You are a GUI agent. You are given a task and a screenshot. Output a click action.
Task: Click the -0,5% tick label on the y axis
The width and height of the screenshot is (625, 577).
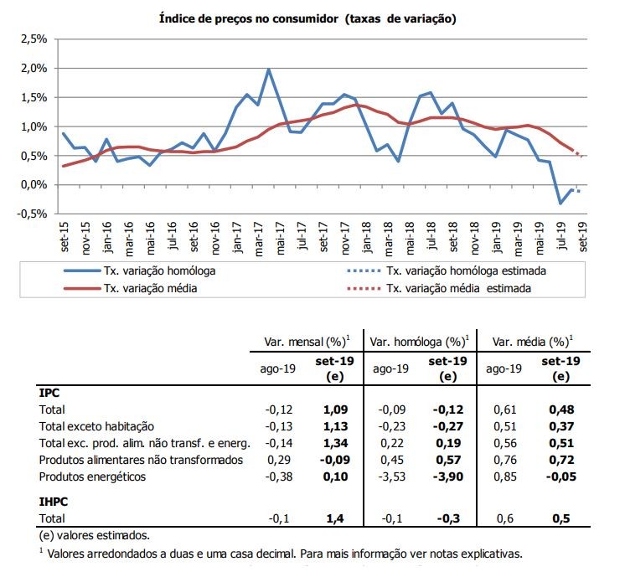[x=28, y=214]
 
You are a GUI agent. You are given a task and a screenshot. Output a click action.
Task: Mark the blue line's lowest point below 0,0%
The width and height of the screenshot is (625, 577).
[x=561, y=203]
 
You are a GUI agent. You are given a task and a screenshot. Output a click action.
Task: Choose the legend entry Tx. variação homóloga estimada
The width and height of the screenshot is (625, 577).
[x=467, y=270]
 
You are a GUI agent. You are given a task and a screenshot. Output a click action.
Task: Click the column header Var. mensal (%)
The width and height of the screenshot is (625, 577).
[x=305, y=341]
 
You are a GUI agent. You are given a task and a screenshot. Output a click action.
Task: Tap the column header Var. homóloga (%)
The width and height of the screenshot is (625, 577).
[x=418, y=341]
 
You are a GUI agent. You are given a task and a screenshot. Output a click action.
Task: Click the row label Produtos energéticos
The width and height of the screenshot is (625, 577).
[x=94, y=477]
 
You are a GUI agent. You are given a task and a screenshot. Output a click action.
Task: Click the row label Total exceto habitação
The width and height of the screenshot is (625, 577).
[x=96, y=426]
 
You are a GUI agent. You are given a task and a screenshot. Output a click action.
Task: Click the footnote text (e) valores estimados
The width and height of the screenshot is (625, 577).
[x=96, y=535]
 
